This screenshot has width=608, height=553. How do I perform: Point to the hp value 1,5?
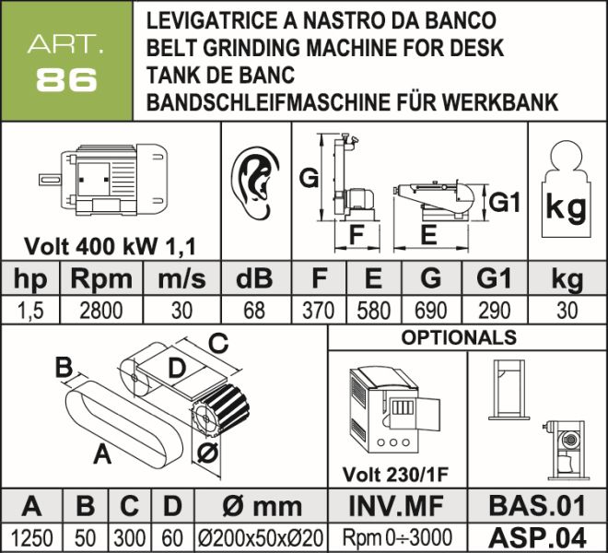tap(30, 311)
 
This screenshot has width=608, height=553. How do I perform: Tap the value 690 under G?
tap(429, 311)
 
